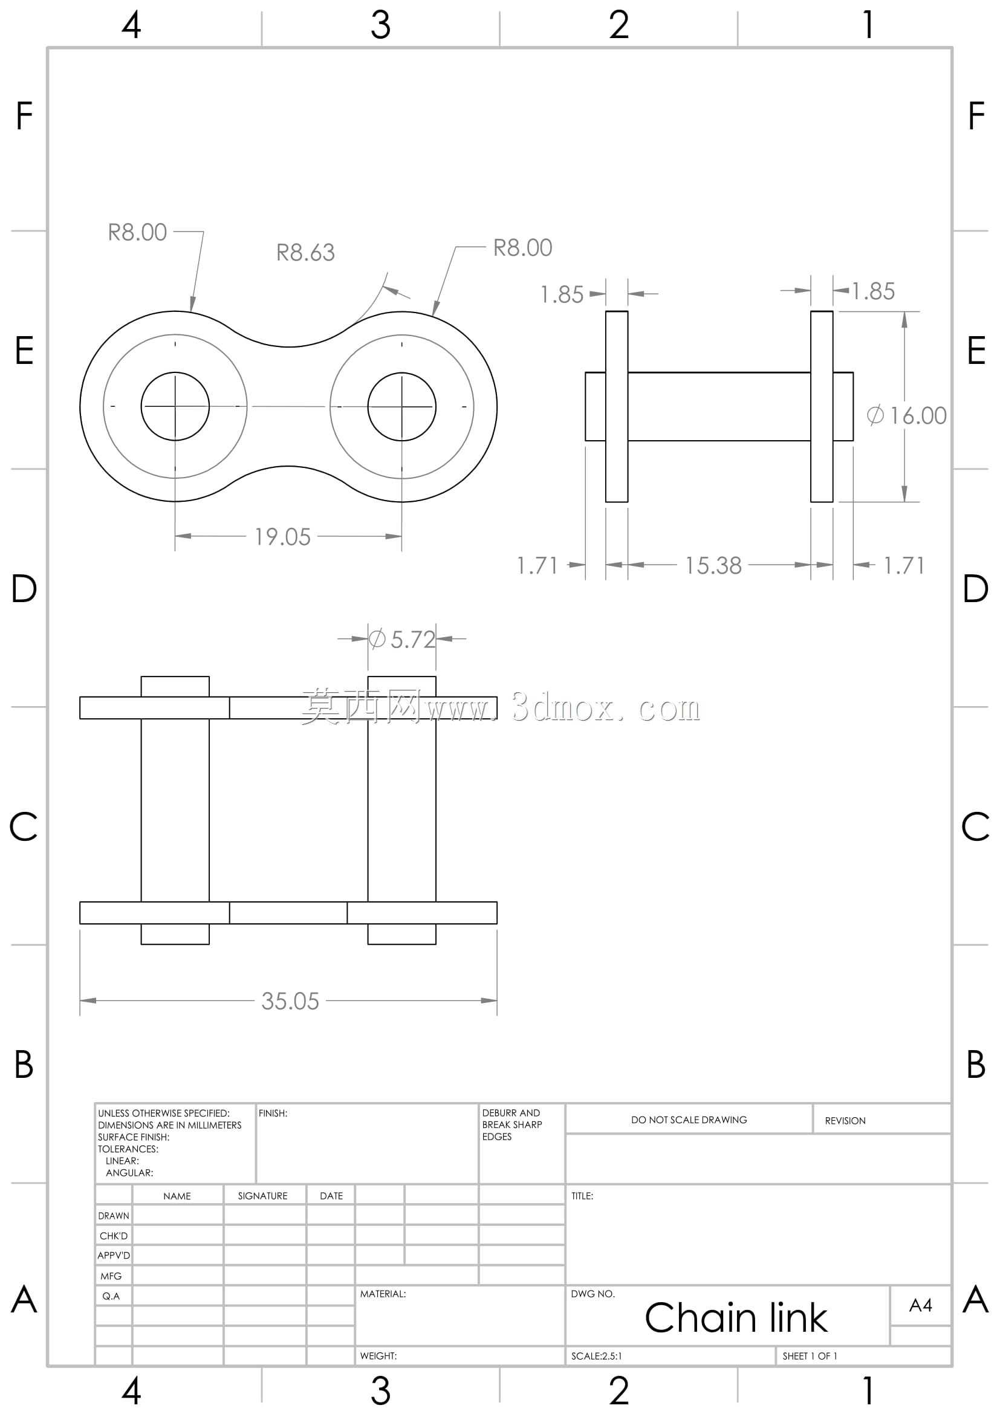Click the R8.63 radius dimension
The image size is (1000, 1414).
click(x=305, y=253)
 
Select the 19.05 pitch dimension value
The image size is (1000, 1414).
click(x=282, y=537)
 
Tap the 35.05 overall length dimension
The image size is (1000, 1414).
click(x=290, y=1001)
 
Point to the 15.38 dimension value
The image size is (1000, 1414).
click(x=713, y=566)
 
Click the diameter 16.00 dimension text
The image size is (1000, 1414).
click(x=906, y=416)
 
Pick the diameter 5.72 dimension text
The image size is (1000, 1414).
click(x=402, y=639)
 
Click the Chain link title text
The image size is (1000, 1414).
click(x=736, y=1318)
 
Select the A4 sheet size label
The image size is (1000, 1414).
click(x=921, y=1305)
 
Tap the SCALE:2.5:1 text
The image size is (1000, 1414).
click(x=597, y=1356)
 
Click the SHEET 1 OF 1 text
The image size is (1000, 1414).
click(x=810, y=1356)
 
